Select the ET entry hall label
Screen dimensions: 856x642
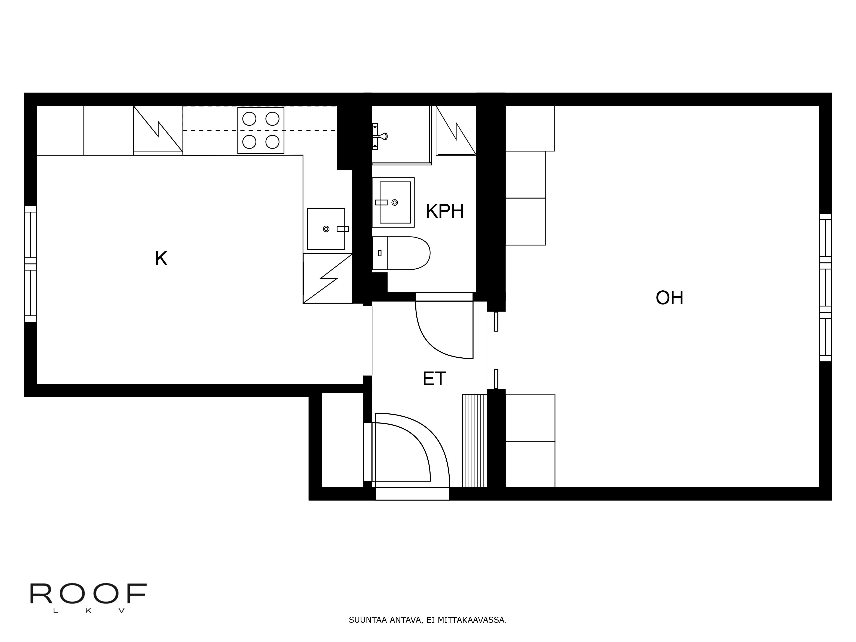click(434, 379)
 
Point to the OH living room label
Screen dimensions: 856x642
click(669, 298)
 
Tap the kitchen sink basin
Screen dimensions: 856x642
click(326, 229)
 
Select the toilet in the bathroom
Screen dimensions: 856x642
click(403, 253)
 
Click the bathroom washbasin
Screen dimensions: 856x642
click(394, 202)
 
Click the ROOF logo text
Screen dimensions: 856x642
click(88, 594)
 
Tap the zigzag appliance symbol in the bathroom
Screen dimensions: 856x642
click(456, 130)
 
